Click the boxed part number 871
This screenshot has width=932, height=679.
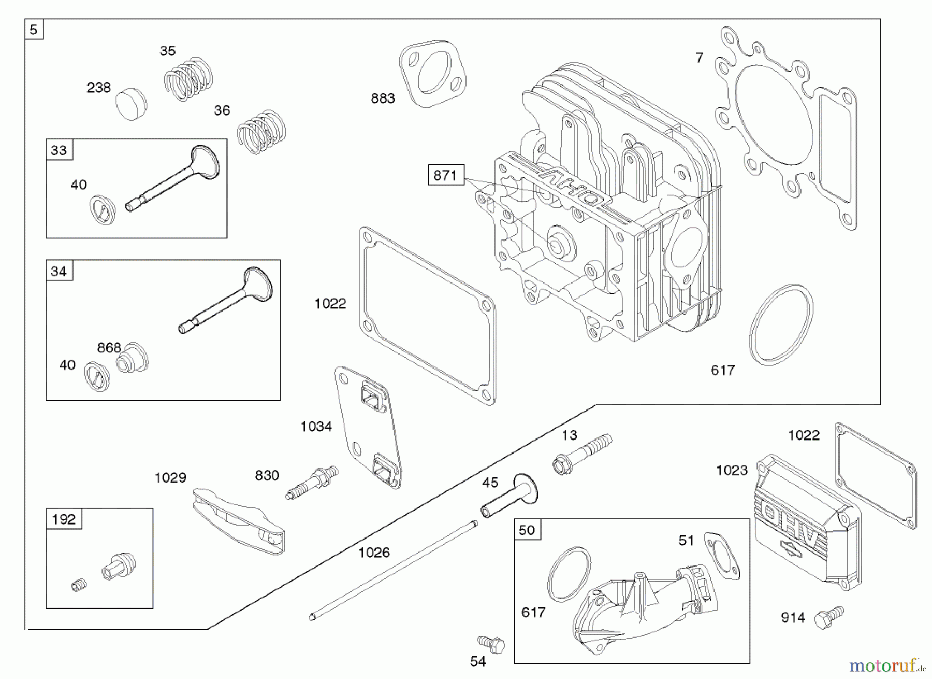point(445,175)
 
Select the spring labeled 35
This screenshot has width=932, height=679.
point(188,79)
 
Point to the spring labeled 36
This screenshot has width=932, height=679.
point(261,132)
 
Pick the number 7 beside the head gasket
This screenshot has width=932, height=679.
point(699,58)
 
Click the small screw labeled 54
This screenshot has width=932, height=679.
point(491,644)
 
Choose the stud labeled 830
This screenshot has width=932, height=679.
point(312,483)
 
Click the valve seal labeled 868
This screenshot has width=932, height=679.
point(133,358)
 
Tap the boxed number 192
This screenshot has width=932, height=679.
point(64,519)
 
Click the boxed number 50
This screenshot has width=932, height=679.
point(527,530)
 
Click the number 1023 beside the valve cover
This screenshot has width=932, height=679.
point(732,470)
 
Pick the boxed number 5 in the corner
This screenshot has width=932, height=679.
point(34,30)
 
